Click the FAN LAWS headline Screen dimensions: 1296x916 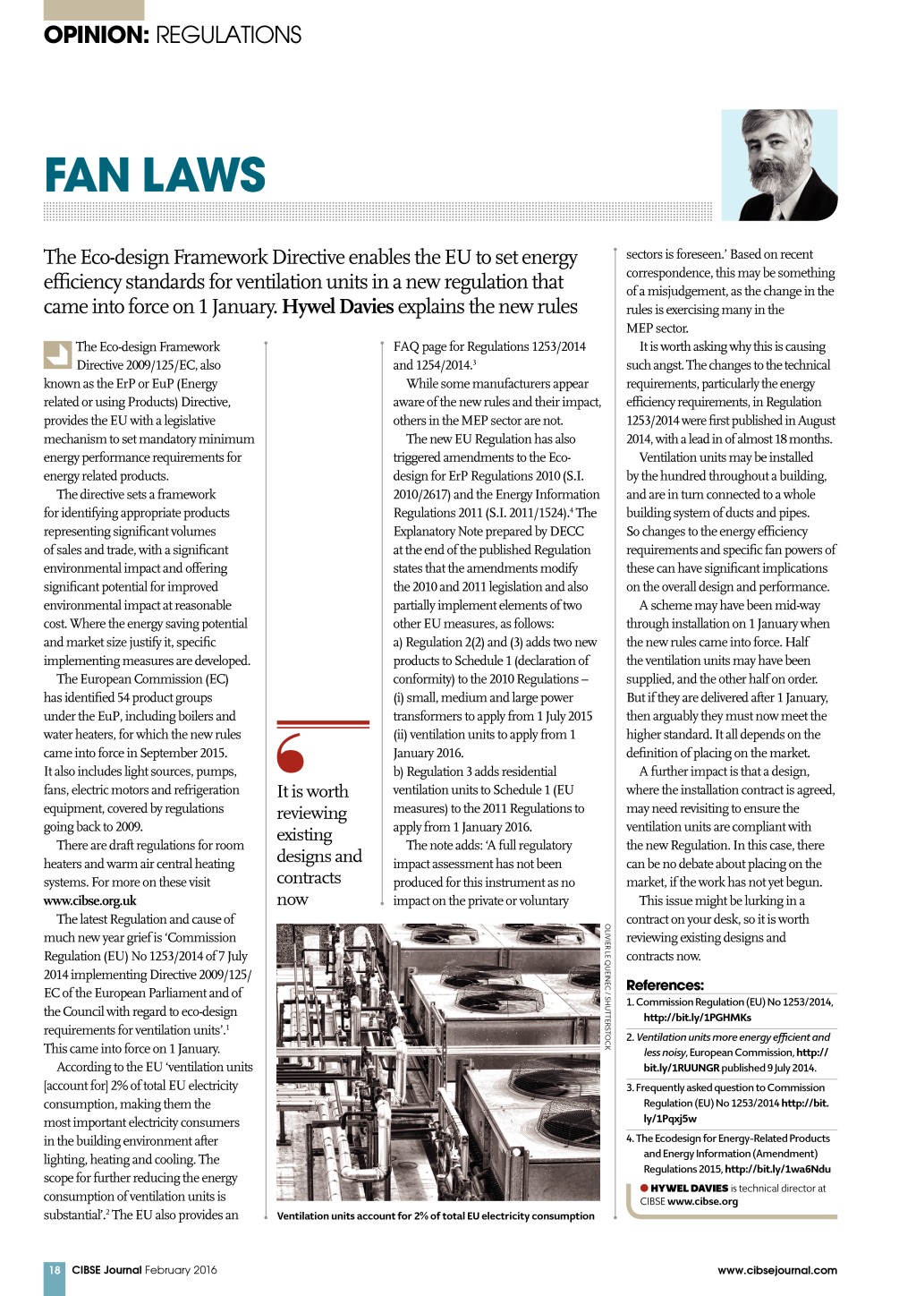tap(155, 175)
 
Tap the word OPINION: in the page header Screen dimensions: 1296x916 tap(96, 35)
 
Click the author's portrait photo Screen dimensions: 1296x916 tap(779, 165)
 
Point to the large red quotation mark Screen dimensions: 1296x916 tap(291, 753)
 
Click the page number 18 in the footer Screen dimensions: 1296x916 tap(55, 1269)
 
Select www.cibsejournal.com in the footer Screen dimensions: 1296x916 tap(776, 1269)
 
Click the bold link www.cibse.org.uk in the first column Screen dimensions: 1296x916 tap(90, 900)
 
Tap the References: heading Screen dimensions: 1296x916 tap(665, 985)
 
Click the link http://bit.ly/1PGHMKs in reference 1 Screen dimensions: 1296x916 tap(697, 1018)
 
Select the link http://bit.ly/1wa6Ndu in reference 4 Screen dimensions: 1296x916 tap(777, 1169)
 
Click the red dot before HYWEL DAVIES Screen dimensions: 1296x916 tap(644, 1188)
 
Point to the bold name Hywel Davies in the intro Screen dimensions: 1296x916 tap(337, 307)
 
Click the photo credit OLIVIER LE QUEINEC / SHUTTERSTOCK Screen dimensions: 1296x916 tap(607, 986)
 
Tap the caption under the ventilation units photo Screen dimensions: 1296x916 tap(436, 1215)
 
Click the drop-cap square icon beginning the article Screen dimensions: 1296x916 tap(57, 354)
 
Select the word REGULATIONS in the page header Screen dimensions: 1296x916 tap(228, 35)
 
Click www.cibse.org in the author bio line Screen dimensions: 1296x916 tap(702, 1201)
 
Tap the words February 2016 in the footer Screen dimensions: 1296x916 tap(181, 1269)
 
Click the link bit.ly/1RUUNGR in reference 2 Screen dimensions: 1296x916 tap(682, 1068)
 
